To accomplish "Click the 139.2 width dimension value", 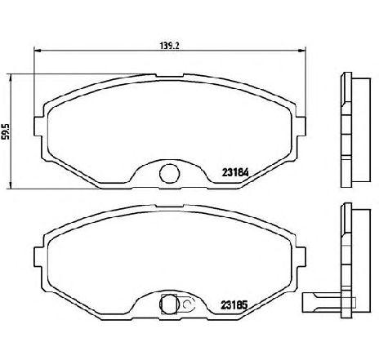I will (171, 45).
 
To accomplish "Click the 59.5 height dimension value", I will (7, 131).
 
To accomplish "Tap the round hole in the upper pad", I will (170, 173).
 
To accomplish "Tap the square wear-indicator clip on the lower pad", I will (171, 304).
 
